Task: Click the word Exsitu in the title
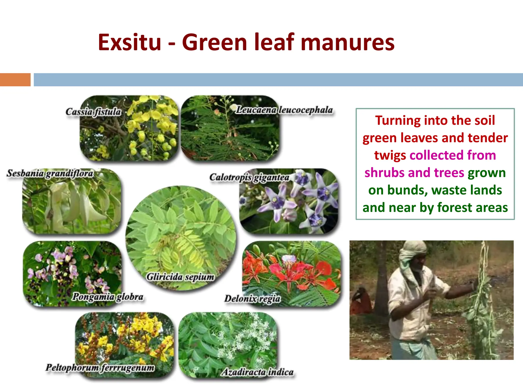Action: (129, 42)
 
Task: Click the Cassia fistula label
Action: (93, 112)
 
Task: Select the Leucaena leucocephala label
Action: (284, 110)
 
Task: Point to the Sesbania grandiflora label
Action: (50, 173)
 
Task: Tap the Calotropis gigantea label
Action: (249, 177)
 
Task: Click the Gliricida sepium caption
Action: (180, 277)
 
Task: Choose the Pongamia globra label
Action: (108, 297)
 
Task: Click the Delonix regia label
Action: (252, 299)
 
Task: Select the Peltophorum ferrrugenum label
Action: (100, 368)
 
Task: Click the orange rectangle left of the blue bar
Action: (15, 80)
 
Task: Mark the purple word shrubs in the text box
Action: (384, 173)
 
